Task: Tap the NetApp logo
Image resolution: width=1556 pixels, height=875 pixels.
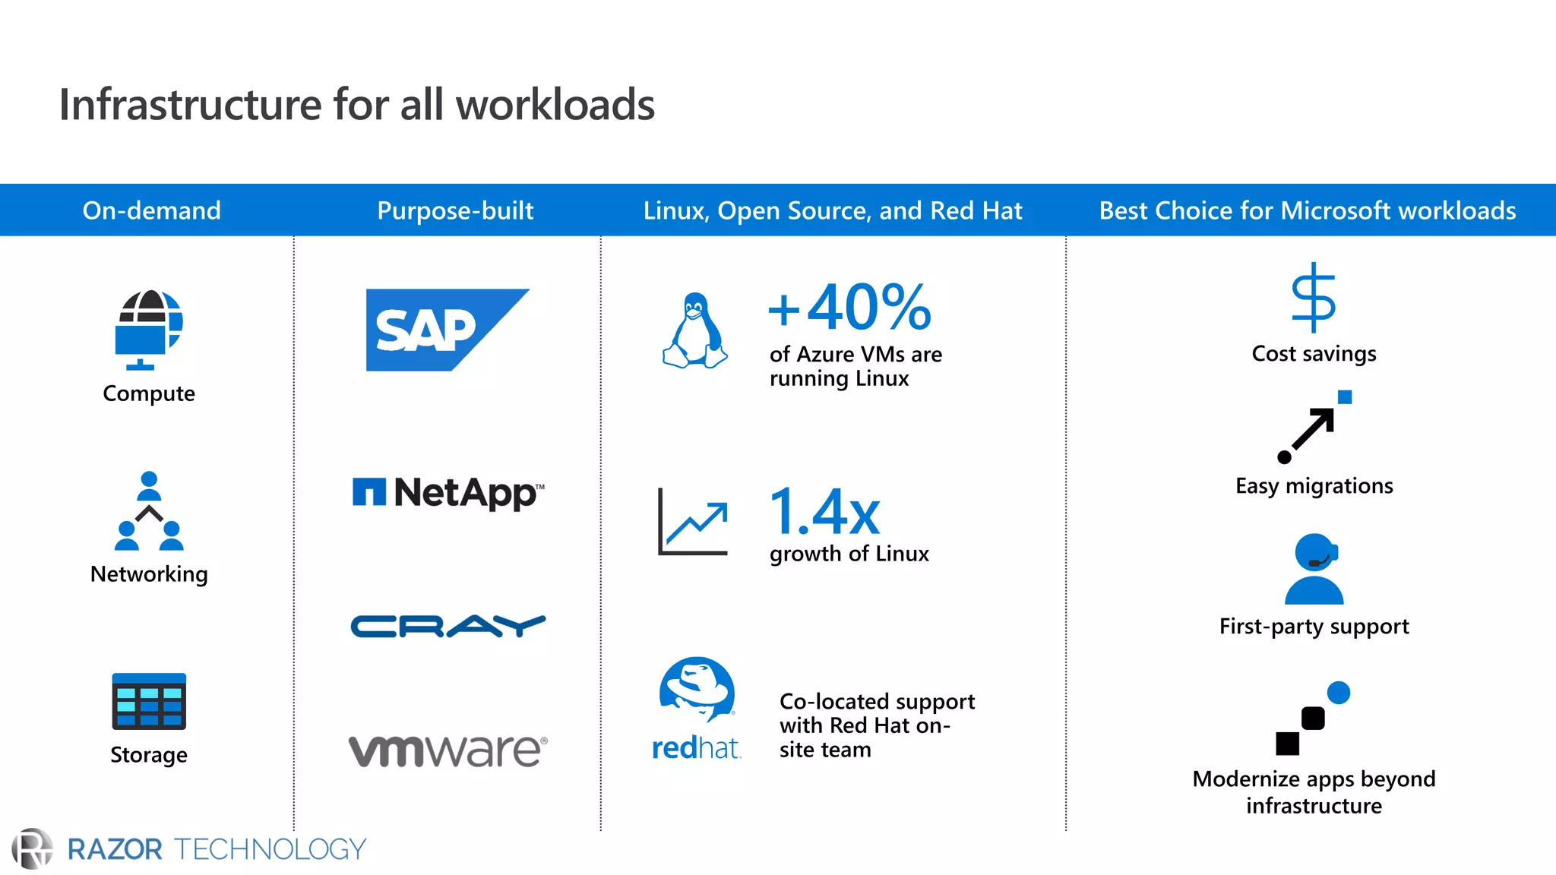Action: (448, 493)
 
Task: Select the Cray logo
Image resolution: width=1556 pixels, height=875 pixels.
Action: (448, 626)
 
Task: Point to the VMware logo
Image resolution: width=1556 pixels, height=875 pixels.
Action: (448, 750)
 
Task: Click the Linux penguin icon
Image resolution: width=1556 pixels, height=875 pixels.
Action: (694, 331)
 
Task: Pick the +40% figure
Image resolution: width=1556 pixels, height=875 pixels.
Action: (849, 308)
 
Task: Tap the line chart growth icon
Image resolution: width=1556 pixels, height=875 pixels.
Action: (693, 522)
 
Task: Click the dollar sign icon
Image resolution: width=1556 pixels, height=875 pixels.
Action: (1314, 298)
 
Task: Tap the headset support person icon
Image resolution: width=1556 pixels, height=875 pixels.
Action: (1314, 569)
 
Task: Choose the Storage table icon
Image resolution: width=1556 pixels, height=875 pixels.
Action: (149, 701)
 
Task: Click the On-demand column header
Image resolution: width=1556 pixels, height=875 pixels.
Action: (151, 210)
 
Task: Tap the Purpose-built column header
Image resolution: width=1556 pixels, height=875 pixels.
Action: (455, 210)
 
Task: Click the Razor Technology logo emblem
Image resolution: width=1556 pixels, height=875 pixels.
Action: (33, 848)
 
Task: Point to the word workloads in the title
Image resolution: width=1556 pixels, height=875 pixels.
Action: (555, 105)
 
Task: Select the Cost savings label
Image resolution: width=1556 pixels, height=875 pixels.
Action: (1314, 354)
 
